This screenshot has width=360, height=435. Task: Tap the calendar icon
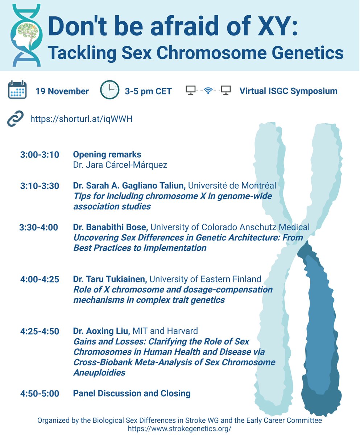tap(17, 90)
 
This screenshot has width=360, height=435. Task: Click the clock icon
tap(109, 90)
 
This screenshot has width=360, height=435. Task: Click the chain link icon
tap(15, 119)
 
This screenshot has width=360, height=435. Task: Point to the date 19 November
tap(62, 91)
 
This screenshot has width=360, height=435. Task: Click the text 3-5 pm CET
tap(148, 91)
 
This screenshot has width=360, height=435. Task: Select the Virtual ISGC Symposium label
tap(288, 91)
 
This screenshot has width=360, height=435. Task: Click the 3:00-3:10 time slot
tap(40, 155)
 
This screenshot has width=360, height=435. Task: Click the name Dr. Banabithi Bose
tap(110, 227)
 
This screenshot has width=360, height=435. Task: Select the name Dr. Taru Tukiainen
tap(109, 279)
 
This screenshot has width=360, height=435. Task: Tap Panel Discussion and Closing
tap(132, 393)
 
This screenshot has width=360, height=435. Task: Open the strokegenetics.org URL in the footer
tap(180, 428)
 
